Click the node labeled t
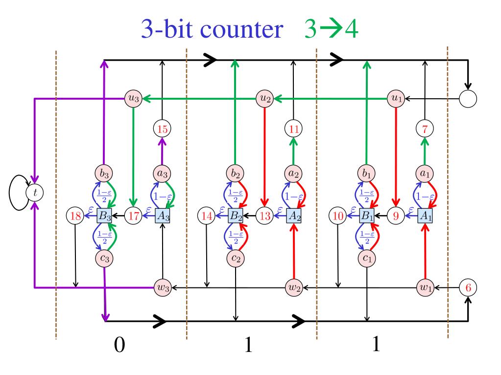tap(35, 192)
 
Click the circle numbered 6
tap(468, 287)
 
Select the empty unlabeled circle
tap(468, 99)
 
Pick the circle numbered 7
tap(424, 129)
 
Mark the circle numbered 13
tap(264, 215)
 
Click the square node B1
tap(366, 215)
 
